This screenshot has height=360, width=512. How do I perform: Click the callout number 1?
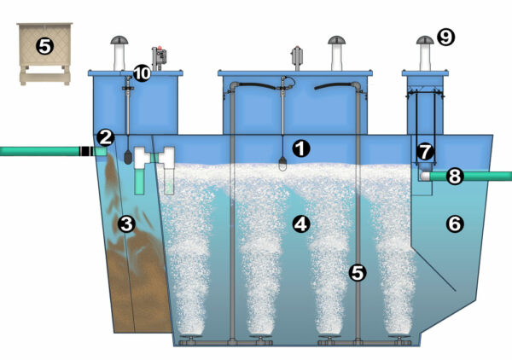(300, 148)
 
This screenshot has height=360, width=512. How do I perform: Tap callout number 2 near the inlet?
(105, 136)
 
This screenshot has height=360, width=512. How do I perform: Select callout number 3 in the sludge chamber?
(126, 224)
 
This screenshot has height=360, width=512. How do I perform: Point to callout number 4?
(300, 224)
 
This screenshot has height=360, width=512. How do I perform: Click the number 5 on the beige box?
(44, 47)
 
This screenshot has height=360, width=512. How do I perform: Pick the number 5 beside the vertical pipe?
(358, 273)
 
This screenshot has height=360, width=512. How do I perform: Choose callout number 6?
(455, 224)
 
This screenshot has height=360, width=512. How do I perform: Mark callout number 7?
(425, 151)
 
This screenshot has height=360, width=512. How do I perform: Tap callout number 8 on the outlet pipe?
(455, 177)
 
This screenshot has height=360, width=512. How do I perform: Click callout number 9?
(445, 36)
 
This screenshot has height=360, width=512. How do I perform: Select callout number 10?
(142, 74)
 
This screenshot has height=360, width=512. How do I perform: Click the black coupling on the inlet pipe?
(85, 151)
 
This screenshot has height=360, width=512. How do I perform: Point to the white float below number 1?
(282, 164)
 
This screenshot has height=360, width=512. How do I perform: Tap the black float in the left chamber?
(126, 158)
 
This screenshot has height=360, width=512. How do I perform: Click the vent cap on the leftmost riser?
(119, 44)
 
